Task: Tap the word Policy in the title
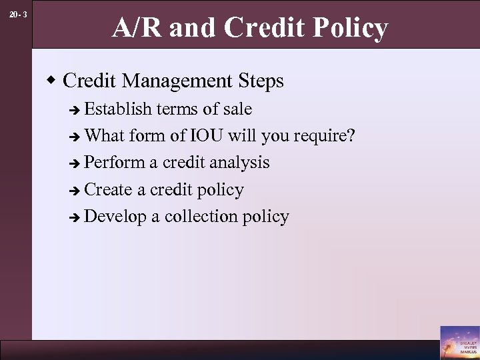[x=351, y=28]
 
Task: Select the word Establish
[x=119, y=108]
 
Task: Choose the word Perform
[x=114, y=163]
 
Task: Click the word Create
[x=109, y=189]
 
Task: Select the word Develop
[x=115, y=217]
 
